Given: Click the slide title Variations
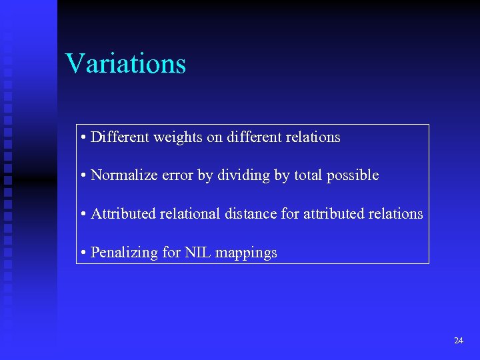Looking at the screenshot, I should click(125, 64).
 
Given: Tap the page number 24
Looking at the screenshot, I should click(458, 341).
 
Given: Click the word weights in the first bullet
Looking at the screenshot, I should click(178, 137).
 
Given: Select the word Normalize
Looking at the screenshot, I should click(120, 175).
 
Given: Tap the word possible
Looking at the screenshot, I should click(353, 176).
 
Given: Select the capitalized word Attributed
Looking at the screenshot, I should click(122, 214).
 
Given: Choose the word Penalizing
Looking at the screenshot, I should click(122, 253).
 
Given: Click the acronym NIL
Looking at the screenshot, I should click(197, 253).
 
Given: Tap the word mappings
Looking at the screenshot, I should click(247, 253).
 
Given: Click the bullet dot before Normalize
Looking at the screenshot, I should click(83, 176).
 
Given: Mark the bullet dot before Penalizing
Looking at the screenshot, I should click(83, 253).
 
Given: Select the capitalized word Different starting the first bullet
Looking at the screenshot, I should click(120, 137).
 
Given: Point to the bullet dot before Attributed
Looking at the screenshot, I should click(83, 215).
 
